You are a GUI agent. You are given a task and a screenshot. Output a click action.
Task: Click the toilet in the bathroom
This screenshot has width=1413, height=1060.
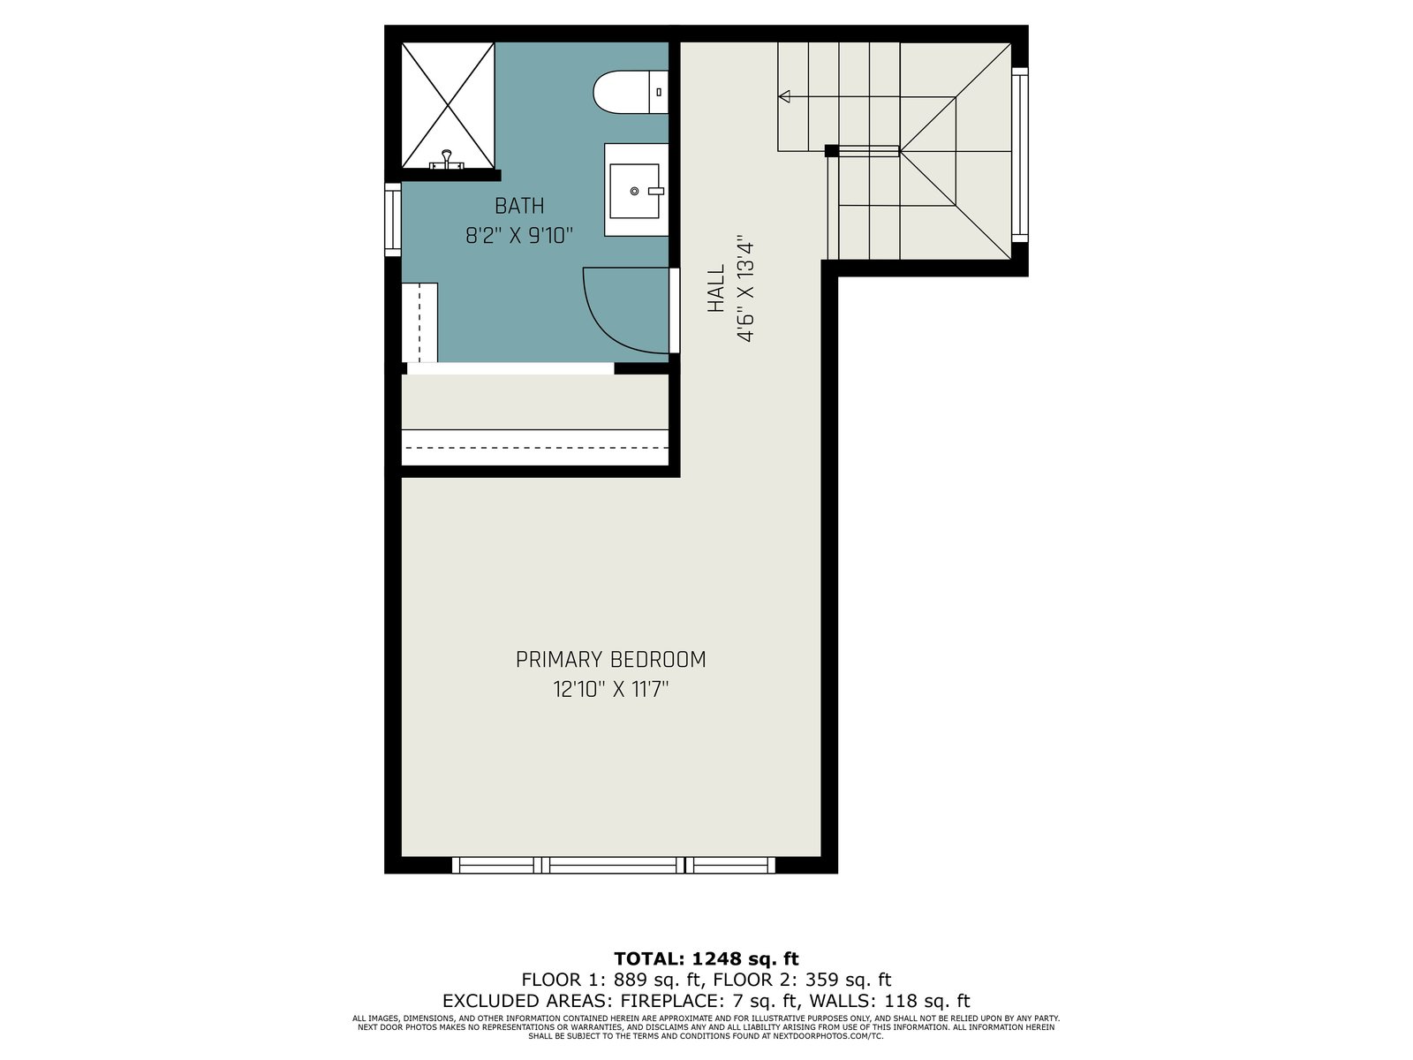(631, 92)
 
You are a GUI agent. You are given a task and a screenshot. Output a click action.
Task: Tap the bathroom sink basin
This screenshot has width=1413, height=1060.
(635, 191)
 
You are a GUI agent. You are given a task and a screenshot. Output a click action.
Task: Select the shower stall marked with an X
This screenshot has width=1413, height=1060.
(448, 105)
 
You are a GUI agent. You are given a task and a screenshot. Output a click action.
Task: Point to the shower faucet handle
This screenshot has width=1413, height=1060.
(447, 160)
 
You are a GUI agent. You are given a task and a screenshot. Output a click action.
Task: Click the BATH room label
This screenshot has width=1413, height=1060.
(519, 206)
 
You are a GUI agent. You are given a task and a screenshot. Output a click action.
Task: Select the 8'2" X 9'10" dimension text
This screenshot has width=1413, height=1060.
(519, 236)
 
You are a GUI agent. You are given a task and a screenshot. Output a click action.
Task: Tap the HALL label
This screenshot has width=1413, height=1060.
(716, 288)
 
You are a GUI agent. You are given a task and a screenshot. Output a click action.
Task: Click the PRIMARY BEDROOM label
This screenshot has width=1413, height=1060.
(611, 660)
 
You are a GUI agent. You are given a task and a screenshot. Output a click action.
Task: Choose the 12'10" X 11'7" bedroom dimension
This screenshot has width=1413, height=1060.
(611, 690)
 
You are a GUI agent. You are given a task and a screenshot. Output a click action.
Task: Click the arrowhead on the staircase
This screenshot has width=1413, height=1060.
(784, 96)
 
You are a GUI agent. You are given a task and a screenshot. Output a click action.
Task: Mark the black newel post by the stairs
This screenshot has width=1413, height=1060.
(832, 151)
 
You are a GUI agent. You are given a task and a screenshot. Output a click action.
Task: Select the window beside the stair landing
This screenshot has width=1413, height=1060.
(1020, 155)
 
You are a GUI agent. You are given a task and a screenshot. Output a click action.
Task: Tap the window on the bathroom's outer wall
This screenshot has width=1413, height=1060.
(393, 219)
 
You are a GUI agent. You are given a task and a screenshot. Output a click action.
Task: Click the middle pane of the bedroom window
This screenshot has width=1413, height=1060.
(613, 865)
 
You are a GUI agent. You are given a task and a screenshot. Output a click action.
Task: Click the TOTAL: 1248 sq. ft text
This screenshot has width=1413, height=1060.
(706, 959)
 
